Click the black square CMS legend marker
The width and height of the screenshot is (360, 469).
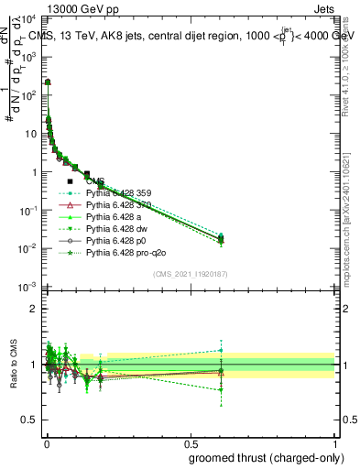click(x=70, y=181)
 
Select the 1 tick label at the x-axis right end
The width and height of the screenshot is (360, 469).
click(x=334, y=443)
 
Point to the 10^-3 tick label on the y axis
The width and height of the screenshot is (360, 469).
click(x=26, y=288)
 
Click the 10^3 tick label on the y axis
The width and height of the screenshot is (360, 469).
click(x=27, y=57)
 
